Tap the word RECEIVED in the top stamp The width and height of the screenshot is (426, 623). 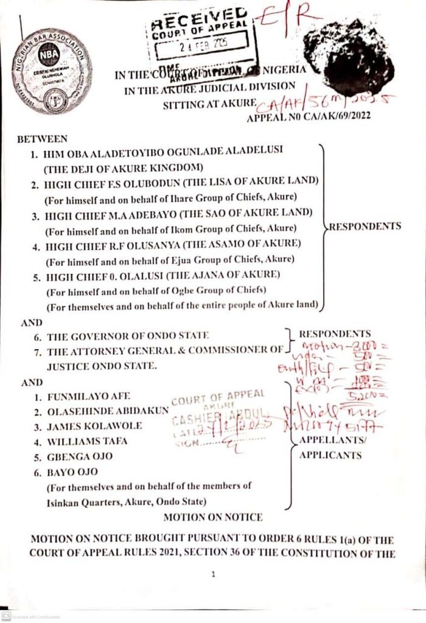pyautogui.click(x=198, y=19)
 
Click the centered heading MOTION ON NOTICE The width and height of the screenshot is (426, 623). pyautogui.click(x=213, y=517)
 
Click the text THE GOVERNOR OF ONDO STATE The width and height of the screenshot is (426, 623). pyautogui.click(x=128, y=335)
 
